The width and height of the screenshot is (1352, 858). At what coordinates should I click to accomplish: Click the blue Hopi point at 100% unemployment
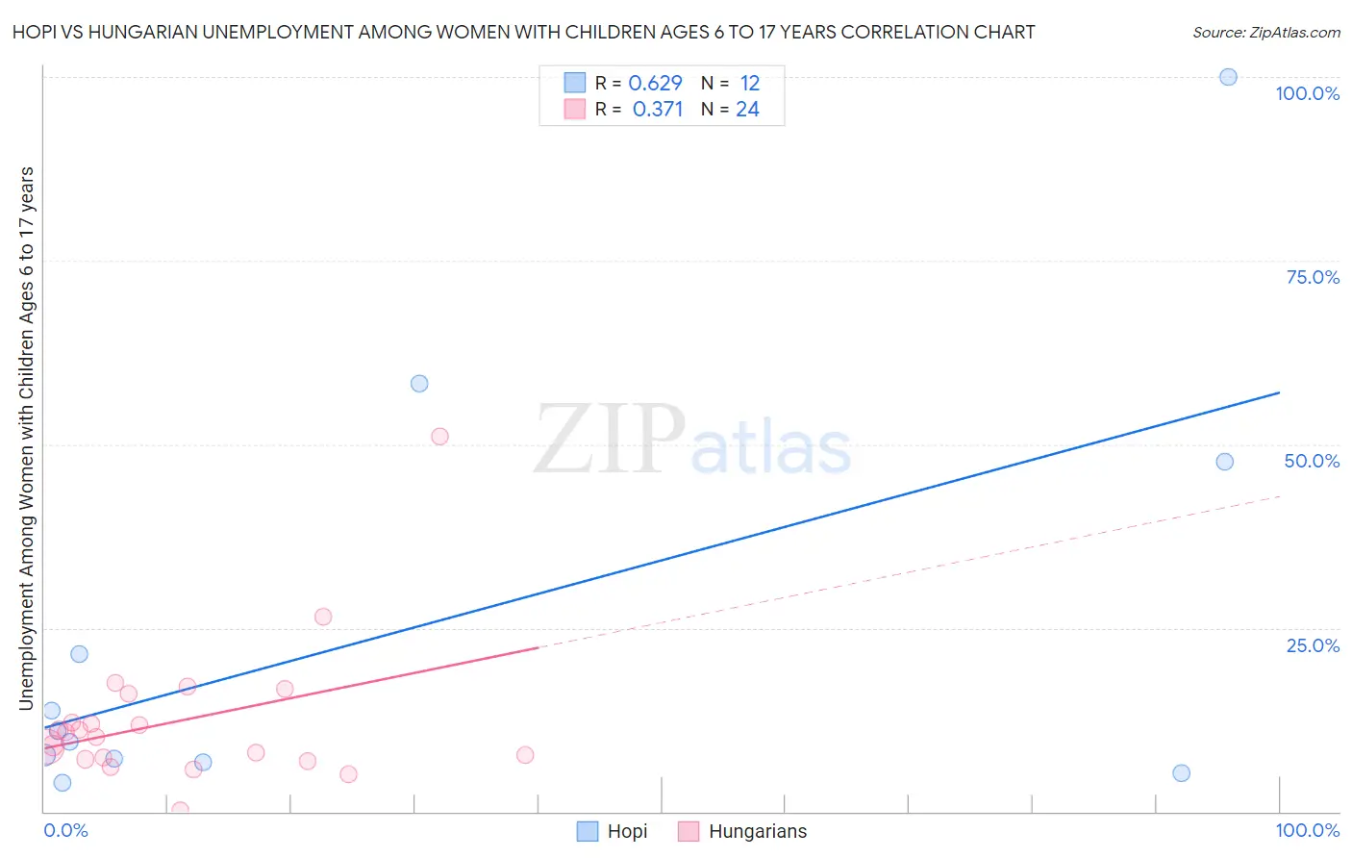(1228, 77)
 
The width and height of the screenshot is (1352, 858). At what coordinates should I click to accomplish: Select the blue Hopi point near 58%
(419, 384)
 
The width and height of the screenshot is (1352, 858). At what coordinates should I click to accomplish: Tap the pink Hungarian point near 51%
(439, 437)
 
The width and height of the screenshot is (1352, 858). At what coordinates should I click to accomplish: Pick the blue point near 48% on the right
(1224, 462)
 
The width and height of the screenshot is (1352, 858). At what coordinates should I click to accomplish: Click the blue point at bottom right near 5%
(1182, 773)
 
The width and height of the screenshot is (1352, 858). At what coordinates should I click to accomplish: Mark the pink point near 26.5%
(323, 617)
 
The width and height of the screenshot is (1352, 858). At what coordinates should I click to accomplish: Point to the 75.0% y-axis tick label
(1313, 277)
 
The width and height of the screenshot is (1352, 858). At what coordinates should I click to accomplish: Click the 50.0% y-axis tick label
(1312, 461)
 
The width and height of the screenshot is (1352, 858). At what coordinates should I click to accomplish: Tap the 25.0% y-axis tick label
(1313, 645)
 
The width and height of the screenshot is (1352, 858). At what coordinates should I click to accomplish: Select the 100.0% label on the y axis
(1307, 93)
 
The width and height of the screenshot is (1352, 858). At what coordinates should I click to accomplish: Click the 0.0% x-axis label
(65, 830)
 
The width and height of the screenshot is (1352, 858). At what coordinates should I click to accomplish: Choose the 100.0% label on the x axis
(1307, 830)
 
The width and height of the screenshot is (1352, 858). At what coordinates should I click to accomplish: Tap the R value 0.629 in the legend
(655, 84)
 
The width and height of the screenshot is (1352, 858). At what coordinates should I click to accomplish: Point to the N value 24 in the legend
(747, 110)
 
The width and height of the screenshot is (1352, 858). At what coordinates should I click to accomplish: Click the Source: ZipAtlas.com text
(1265, 32)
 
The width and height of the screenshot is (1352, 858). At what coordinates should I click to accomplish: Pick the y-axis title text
(26, 438)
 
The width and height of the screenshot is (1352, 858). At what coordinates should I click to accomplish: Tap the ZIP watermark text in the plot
(610, 441)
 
